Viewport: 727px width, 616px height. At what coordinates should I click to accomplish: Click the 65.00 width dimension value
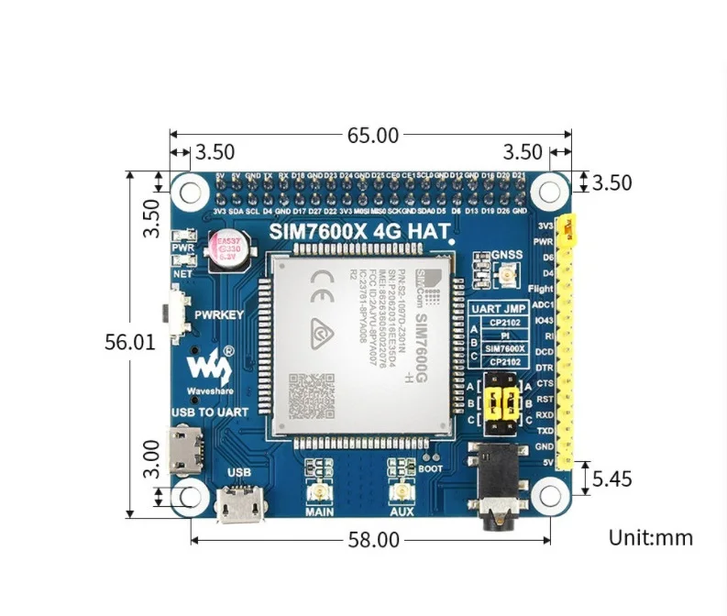[372, 136]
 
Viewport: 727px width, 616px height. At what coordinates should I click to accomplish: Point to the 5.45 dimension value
[612, 478]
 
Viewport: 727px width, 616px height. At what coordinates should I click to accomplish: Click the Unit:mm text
[651, 537]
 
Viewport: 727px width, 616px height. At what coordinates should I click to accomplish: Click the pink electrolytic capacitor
[224, 249]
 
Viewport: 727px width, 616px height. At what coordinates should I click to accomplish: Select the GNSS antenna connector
[505, 275]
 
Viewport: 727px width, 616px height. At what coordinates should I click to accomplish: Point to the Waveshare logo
[211, 365]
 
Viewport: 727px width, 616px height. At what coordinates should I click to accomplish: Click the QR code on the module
[307, 393]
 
